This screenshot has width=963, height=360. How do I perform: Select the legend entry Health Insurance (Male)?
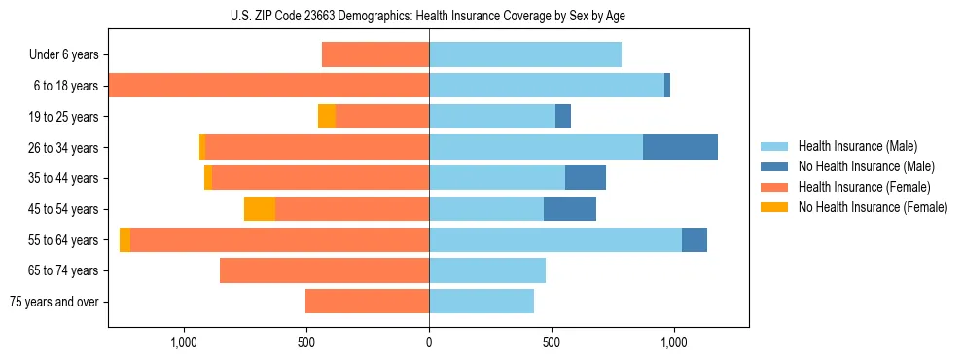(x=857, y=146)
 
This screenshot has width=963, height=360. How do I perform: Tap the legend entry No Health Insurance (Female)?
(x=873, y=207)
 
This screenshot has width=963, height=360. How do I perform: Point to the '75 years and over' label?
(x=54, y=302)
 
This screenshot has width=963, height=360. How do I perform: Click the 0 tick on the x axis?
(x=429, y=342)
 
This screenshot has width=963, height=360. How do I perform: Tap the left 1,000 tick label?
(x=184, y=342)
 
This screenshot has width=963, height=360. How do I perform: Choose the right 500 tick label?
(x=552, y=342)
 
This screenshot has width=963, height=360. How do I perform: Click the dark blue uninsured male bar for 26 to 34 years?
(x=680, y=147)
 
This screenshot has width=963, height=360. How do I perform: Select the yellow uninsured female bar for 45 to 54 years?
(x=260, y=209)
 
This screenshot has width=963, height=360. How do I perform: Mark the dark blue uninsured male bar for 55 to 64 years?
(x=695, y=239)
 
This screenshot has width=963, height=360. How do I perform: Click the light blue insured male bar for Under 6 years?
(x=525, y=55)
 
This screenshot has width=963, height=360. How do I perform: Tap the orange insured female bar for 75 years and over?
(x=368, y=302)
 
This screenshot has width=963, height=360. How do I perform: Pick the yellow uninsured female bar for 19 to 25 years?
(x=327, y=117)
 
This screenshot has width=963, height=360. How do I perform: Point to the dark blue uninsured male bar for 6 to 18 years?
(x=667, y=86)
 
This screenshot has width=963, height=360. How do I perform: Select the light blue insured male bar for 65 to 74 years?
(x=487, y=270)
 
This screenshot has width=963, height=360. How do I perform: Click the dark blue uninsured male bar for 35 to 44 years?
(x=586, y=178)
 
